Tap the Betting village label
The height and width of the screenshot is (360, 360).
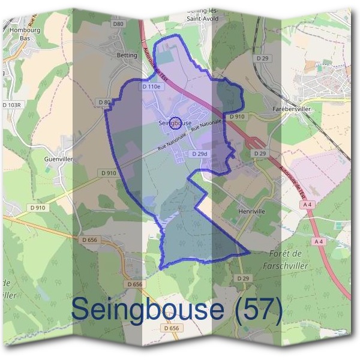[127, 55]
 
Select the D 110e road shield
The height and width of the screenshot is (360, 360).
[152, 87]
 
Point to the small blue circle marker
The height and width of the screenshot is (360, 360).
[175, 123]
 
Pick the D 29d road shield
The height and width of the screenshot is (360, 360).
[200, 154]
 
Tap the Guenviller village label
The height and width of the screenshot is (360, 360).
[58, 160]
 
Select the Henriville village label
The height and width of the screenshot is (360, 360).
[251, 211]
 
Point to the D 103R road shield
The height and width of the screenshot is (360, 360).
[11, 104]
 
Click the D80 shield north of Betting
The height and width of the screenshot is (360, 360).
[118, 24]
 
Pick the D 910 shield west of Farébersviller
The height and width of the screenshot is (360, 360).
[237, 116]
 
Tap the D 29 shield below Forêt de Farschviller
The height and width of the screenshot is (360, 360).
[243, 279]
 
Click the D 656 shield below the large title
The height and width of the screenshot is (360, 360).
[170, 328]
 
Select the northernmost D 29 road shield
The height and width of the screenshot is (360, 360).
[262, 58]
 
